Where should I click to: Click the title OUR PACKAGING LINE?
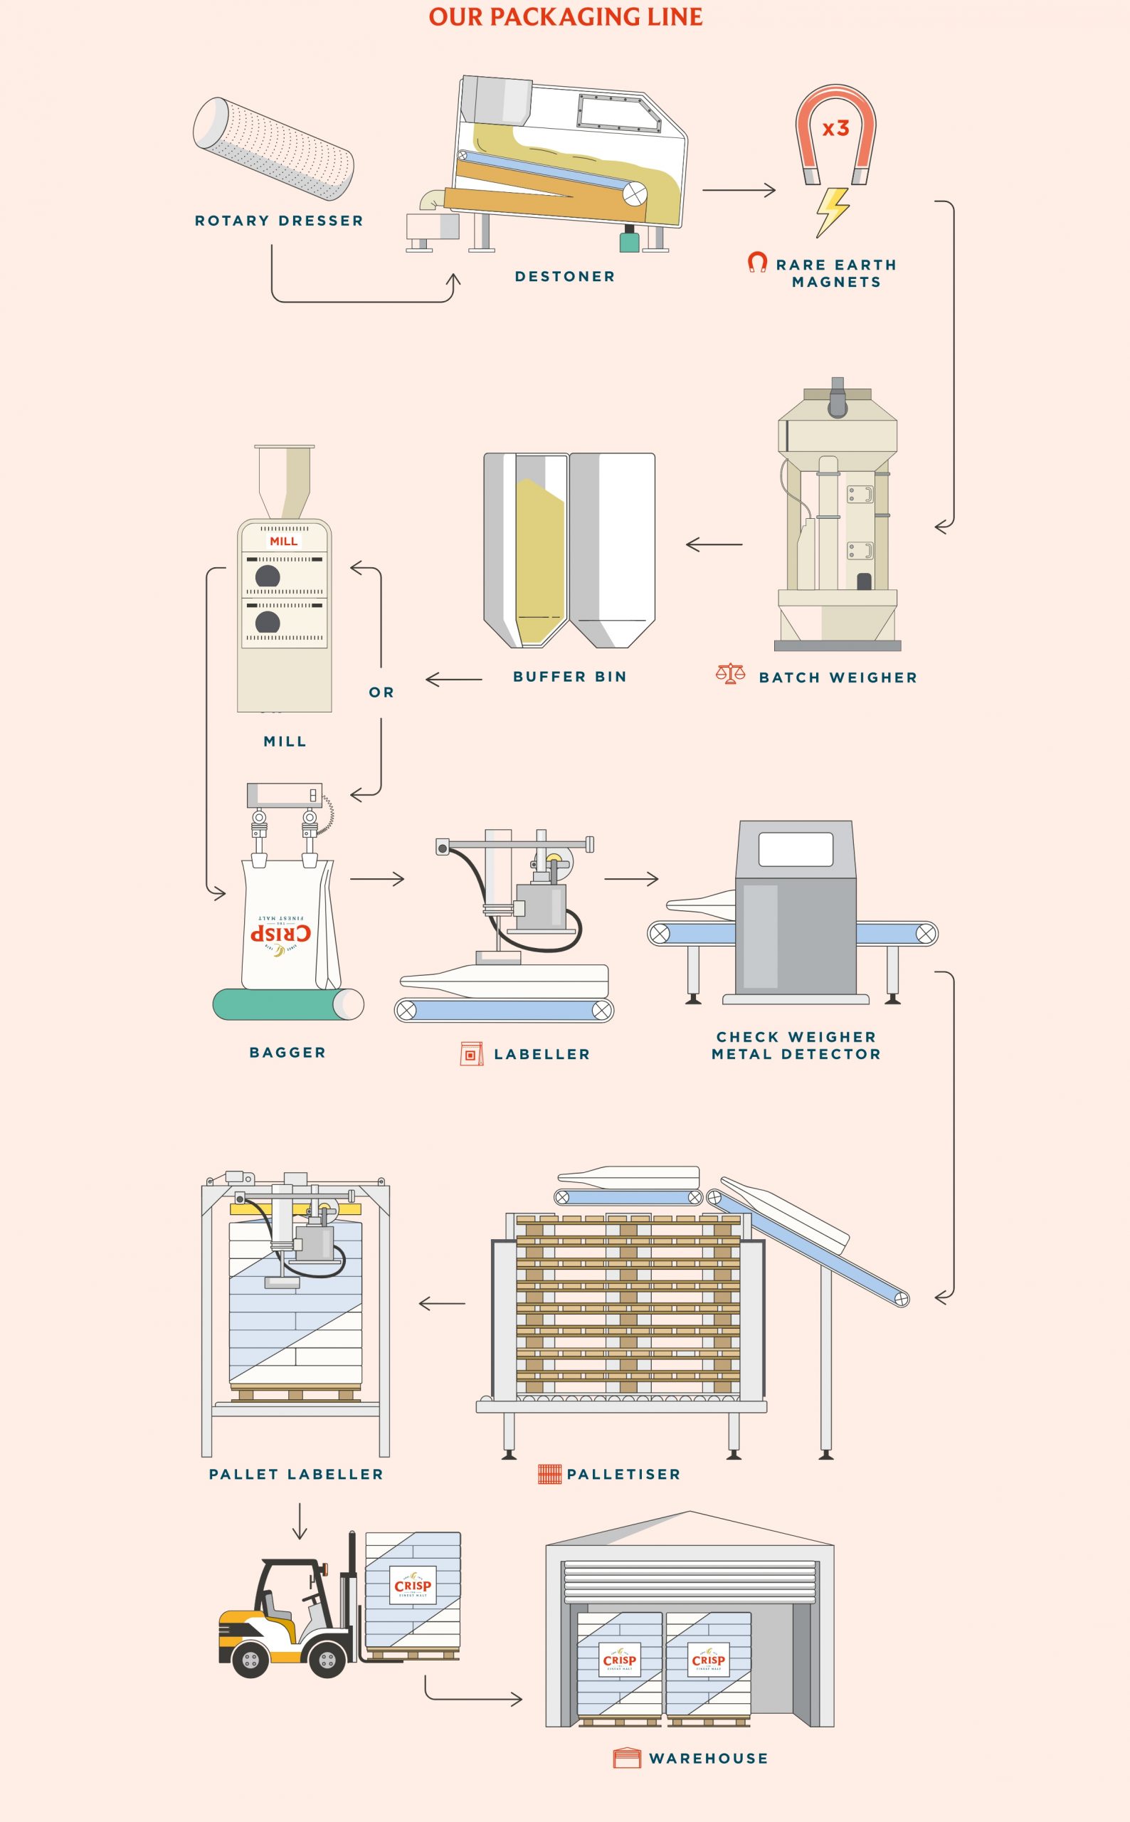click(565, 16)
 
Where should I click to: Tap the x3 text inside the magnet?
click(835, 129)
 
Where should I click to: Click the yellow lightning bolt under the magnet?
click(833, 211)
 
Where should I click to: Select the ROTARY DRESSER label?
click(279, 221)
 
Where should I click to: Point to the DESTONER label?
click(565, 277)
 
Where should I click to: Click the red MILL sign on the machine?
click(283, 541)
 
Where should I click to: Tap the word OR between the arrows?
click(381, 693)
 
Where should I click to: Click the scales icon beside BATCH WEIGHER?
click(730, 674)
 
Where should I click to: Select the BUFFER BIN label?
click(569, 676)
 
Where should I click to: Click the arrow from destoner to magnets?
click(739, 190)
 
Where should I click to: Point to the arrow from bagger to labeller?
click(376, 879)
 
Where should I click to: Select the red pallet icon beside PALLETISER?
click(549, 1475)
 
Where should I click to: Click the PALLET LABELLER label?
click(296, 1475)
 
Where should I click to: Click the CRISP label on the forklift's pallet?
click(413, 1586)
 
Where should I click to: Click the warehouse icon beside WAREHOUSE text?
click(626, 1758)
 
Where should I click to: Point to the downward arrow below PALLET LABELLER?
click(300, 1521)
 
